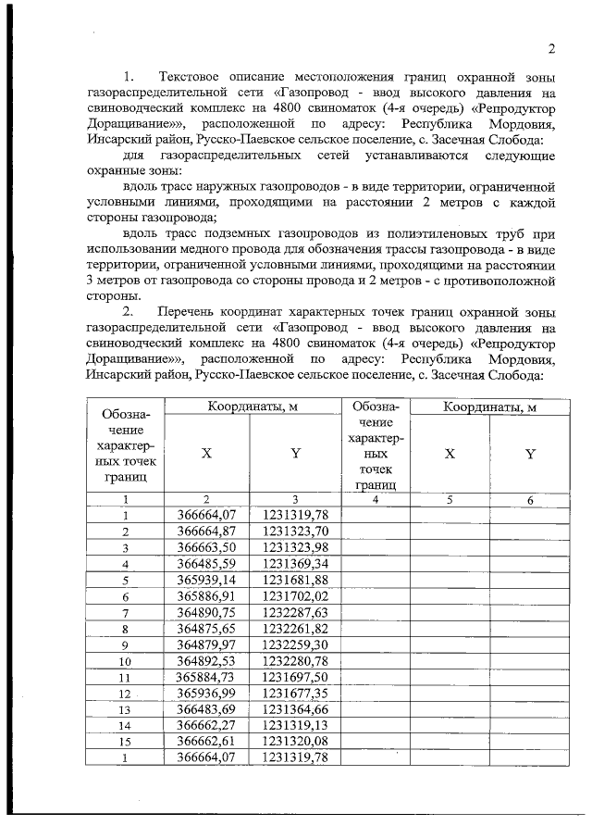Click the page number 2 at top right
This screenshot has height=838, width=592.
coord(550,49)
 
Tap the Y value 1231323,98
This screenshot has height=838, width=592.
coord(295,546)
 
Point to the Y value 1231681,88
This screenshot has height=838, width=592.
coord(295,580)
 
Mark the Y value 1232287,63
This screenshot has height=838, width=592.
coord(295,613)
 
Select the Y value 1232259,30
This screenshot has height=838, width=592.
coord(295,645)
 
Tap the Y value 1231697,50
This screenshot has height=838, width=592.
coord(295,678)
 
